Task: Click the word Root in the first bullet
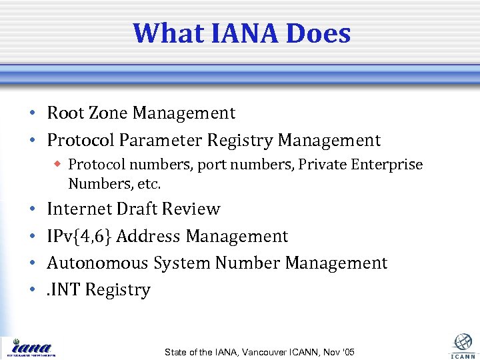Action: (x=65, y=113)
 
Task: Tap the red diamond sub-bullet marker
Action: (x=59, y=163)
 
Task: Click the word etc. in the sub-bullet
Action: (x=148, y=183)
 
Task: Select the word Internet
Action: (x=79, y=209)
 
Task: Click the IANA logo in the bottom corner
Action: (x=31, y=347)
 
